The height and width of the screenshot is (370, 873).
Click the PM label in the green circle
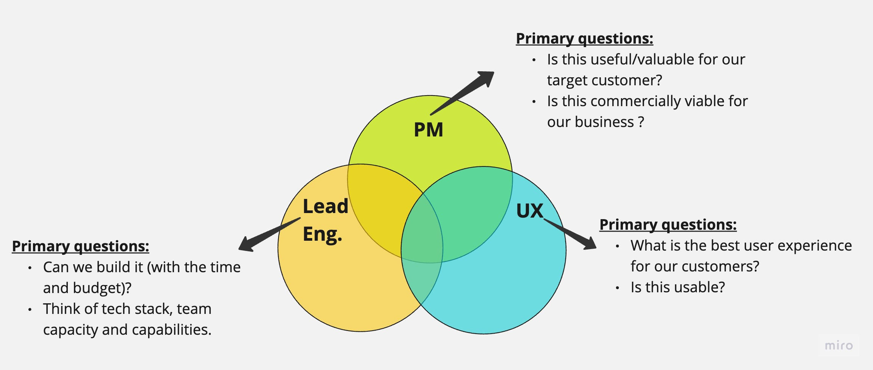(428, 130)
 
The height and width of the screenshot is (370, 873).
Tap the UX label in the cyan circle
(529, 211)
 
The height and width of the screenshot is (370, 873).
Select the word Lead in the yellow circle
(325, 207)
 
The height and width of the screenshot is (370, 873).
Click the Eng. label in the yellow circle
(322, 234)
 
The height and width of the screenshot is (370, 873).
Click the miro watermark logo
(839, 345)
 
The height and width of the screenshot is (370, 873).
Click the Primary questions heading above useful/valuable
(584, 39)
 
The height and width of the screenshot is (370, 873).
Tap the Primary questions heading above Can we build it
(80, 246)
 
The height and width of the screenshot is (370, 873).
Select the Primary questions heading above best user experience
(668, 225)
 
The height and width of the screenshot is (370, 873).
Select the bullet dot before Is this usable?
(617, 288)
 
